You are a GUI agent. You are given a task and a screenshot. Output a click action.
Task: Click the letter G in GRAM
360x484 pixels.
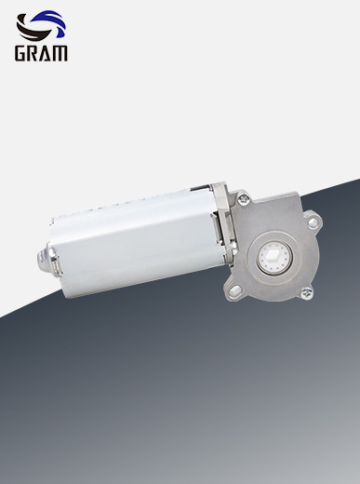tap(20, 53)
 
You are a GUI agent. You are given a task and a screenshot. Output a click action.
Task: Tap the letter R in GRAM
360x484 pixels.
tap(33, 53)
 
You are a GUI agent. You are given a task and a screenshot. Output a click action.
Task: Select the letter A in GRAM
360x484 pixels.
tap(47, 53)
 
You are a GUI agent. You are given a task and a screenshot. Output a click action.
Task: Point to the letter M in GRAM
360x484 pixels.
tap(60, 53)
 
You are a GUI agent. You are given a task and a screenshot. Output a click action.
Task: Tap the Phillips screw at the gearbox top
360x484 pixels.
tap(244, 198)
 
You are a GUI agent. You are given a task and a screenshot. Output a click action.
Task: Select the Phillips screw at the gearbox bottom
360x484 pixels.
tap(306, 293)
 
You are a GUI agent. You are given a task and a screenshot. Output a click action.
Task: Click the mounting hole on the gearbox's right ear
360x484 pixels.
tap(313, 222)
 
